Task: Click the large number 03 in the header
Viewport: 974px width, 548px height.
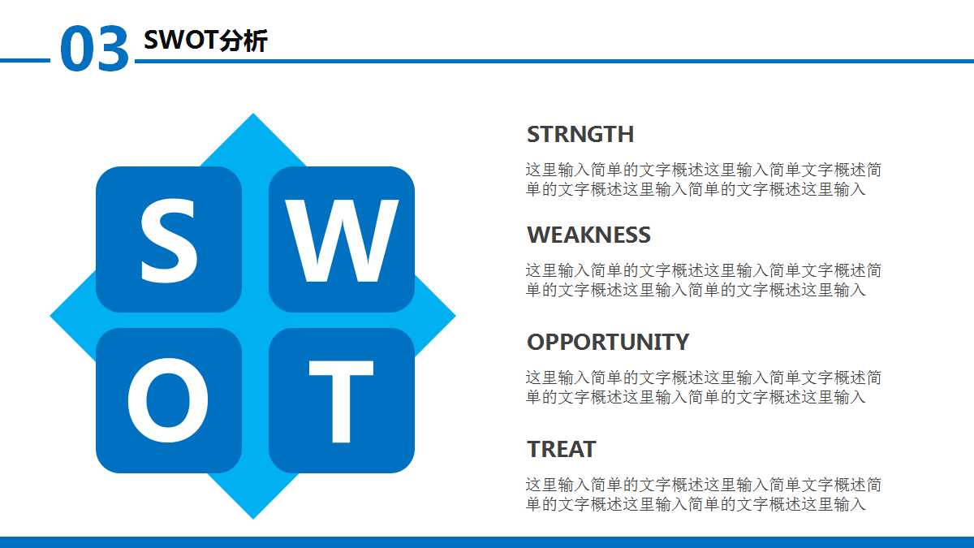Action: click(x=94, y=50)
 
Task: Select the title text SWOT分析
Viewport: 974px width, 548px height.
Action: click(x=205, y=40)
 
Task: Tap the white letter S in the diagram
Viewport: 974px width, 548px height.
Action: click(x=168, y=239)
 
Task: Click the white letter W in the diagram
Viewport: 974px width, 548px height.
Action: click(x=343, y=239)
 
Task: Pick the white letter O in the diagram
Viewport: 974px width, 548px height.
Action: click(x=168, y=401)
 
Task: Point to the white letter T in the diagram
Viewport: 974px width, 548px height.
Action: click(x=341, y=401)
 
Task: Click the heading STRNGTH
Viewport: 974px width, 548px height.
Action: click(x=580, y=134)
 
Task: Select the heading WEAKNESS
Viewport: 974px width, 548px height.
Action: click(x=588, y=235)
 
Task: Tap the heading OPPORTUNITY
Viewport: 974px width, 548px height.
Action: click(x=607, y=342)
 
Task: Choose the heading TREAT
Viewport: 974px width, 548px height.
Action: click(x=561, y=449)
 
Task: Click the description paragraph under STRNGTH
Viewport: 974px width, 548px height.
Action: click(x=703, y=179)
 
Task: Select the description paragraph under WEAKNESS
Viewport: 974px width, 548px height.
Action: click(x=703, y=280)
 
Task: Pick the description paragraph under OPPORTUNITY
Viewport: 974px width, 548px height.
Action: click(x=703, y=387)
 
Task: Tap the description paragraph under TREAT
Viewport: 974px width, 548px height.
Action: click(x=703, y=494)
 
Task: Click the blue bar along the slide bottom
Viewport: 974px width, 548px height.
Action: click(x=487, y=542)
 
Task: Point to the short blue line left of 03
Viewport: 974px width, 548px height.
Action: click(x=24, y=60)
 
